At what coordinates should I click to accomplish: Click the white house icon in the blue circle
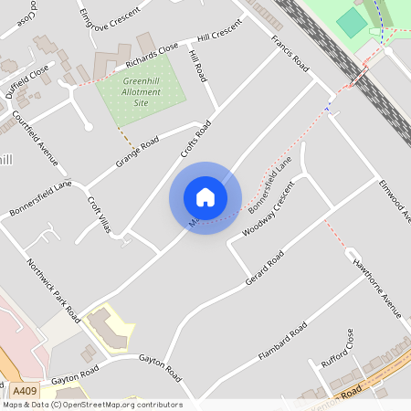pos(205,197)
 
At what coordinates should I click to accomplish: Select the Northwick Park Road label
pos(54,288)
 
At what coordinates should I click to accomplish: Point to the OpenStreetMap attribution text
pos(91,404)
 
